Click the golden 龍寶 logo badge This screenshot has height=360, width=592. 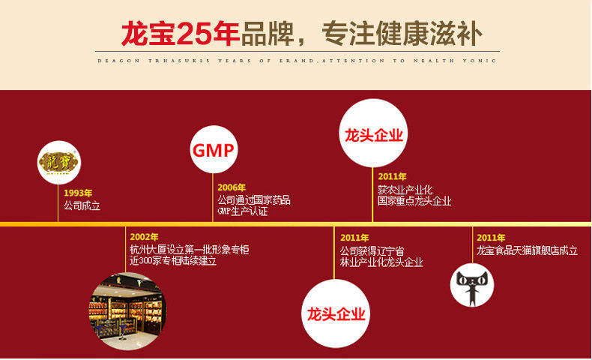(58, 161)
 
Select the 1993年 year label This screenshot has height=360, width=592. (78, 193)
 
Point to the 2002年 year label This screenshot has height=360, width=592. (144, 237)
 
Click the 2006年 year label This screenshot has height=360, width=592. (232, 187)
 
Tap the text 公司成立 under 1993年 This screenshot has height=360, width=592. (82, 205)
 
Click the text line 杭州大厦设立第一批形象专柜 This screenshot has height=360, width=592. (189, 250)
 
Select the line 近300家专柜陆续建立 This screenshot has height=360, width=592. (178, 262)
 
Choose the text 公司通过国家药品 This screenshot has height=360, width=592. (253, 200)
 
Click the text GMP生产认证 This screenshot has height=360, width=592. (242, 211)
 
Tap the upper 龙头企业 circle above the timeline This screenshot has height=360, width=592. (373, 136)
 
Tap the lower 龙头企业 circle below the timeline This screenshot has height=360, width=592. (336, 313)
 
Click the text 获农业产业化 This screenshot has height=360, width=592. (405, 190)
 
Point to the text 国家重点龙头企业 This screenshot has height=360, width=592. (414, 201)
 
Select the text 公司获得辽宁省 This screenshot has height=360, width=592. (372, 250)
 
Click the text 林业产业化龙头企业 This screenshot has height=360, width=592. (381, 262)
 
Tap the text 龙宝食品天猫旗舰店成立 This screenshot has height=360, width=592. (527, 250)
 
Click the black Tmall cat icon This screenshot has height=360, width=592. (471, 286)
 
